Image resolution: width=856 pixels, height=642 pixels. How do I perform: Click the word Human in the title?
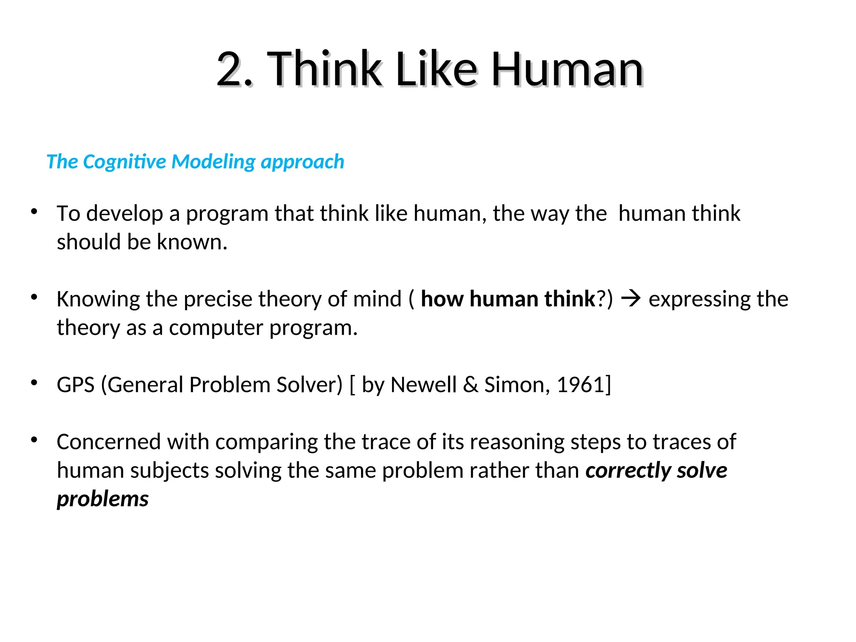(567, 69)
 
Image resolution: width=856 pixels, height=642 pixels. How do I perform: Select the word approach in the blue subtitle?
(302, 162)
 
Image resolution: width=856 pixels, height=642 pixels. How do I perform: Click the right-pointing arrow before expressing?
(631, 299)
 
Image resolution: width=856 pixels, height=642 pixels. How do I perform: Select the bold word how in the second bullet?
(442, 299)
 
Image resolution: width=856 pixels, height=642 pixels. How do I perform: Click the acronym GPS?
(76, 385)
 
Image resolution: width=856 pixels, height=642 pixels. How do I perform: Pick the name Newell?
(423, 385)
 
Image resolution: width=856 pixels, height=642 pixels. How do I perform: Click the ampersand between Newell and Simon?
(470, 385)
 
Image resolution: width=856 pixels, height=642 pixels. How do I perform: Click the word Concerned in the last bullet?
(109, 442)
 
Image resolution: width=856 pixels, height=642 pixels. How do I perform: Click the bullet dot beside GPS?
(34, 382)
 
